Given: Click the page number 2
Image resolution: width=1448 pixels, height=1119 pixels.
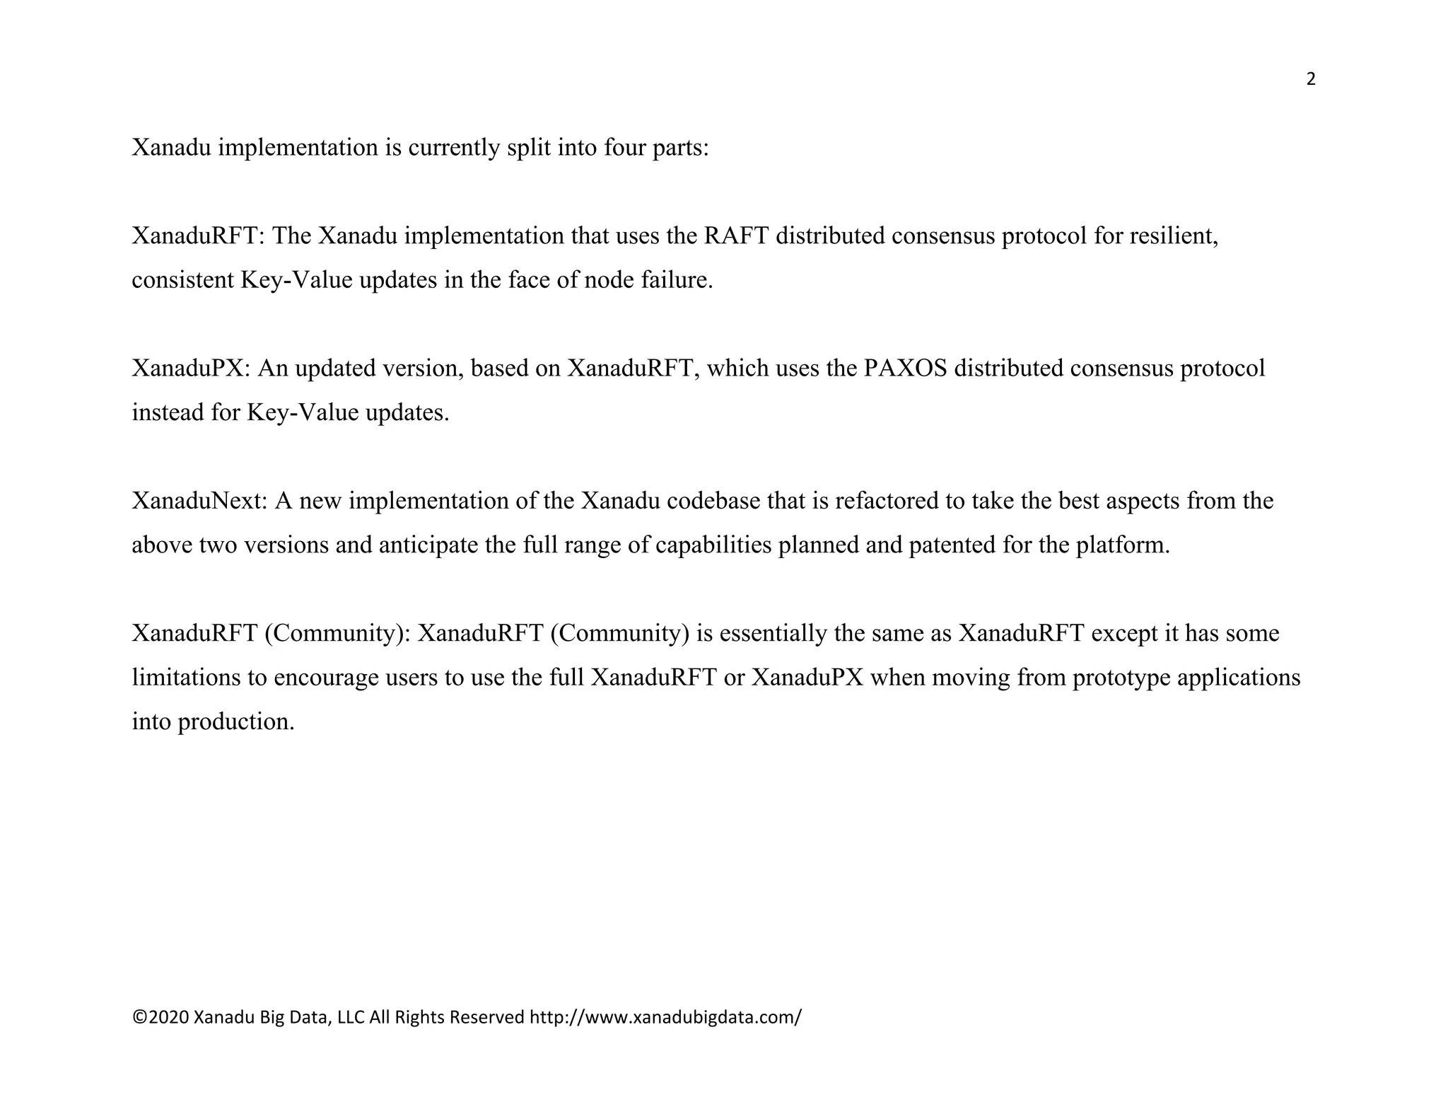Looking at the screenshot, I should point(1310,79).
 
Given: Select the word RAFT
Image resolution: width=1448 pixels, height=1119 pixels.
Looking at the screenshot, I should point(736,236).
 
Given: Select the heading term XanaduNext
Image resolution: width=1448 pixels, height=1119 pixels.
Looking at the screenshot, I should point(199,501).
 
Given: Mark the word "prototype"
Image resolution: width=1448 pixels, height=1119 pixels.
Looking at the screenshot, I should point(1119,678).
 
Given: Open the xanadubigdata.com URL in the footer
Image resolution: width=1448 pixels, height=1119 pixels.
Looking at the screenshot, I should point(665,1017).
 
